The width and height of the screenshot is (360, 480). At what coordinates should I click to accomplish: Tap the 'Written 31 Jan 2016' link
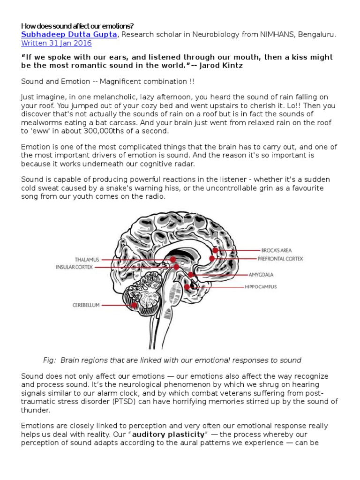(x=56, y=43)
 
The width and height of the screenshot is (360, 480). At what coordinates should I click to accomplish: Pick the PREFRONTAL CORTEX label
(x=280, y=258)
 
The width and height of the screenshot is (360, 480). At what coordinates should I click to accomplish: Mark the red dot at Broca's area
(x=216, y=250)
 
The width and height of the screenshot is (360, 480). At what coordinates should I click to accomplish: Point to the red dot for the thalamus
(x=173, y=259)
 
